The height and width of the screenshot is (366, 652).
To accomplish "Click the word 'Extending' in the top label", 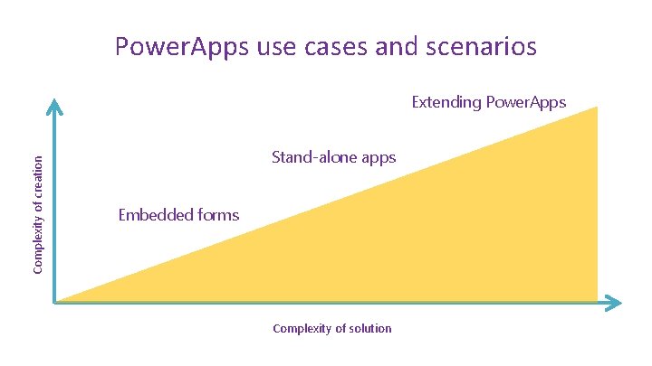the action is [x=446, y=102].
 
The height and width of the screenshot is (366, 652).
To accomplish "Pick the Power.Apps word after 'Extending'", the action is [x=526, y=102].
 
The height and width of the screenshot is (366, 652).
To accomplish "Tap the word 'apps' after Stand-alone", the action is [x=378, y=159].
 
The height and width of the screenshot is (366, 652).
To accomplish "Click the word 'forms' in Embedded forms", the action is [x=218, y=215].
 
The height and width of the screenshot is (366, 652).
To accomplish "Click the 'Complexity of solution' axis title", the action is [x=332, y=329].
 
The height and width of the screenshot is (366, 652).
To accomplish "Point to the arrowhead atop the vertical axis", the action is [x=54, y=105].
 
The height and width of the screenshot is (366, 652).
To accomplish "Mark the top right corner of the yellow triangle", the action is [x=598, y=108].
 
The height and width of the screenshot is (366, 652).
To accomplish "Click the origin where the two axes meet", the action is [x=55, y=302].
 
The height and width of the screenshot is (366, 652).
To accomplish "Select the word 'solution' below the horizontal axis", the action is [x=369, y=329].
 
